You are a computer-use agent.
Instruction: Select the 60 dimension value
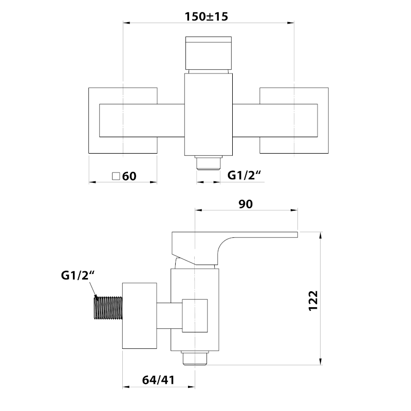pos(129,176)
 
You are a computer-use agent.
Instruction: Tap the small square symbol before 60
pos(116,176)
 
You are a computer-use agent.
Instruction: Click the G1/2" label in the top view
pos(245,176)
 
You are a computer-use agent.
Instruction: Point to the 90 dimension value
pos(246,204)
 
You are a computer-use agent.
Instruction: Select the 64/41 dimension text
pos(158,380)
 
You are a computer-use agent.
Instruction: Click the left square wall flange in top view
pos(123,120)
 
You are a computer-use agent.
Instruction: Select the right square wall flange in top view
pos(294,120)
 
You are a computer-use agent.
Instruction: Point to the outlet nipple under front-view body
pos(208,163)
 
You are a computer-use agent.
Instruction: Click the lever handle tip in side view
pos(293,235)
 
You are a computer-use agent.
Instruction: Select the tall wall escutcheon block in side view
pos(139,315)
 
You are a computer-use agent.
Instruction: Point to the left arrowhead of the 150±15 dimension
pos(125,23)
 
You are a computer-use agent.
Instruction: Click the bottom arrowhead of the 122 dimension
pos(321,362)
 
